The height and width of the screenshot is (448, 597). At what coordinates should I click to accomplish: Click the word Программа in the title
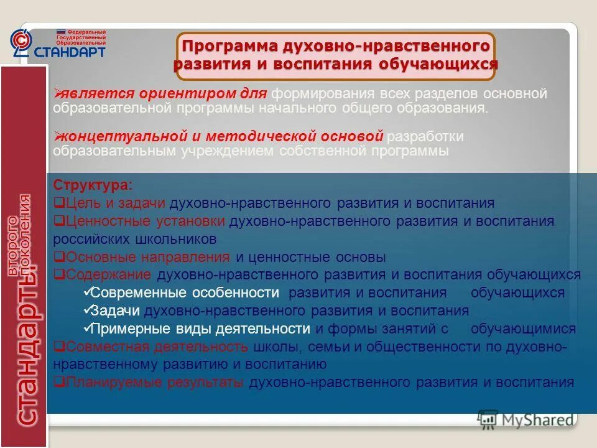pos(228,47)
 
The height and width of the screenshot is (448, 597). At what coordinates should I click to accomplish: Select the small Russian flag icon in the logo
pos(61,31)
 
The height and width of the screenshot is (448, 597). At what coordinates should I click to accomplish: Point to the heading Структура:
pos(92,186)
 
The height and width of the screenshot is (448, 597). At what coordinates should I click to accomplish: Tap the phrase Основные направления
pos(147,257)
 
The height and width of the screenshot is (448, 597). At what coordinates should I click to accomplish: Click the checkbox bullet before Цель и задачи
pos(58,203)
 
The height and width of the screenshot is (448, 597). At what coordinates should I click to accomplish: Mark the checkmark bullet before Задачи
pos(86,311)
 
